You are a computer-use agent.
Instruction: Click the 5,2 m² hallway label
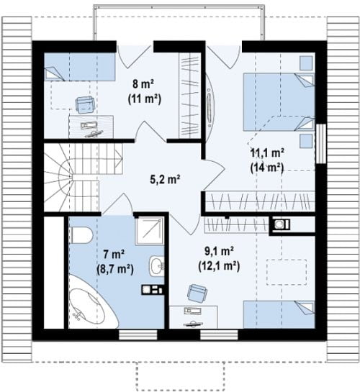pyautogui.click(x=165, y=180)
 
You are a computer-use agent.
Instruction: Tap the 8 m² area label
pyautogui.click(x=143, y=84)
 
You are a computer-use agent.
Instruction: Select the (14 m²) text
pyautogui.click(x=267, y=168)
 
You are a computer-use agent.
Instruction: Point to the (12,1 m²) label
pyautogui.click(x=219, y=266)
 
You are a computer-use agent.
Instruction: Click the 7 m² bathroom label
pyautogui.click(x=114, y=255)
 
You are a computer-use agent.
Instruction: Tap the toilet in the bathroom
pyautogui.click(x=81, y=235)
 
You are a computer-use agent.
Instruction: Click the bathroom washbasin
pyautogui.click(x=157, y=266)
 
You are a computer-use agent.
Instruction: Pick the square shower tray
pyautogui.click(x=150, y=231)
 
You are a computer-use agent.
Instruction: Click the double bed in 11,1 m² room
pyautogui.click(x=279, y=101)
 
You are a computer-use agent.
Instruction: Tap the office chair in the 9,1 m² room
pyautogui.click(x=197, y=293)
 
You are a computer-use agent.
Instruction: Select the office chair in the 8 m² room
pyautogui.click(x=85, y=104)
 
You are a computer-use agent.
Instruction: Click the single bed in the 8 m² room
pyautogui.click(x=80, y=66)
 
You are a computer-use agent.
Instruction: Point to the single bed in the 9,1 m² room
pyautogui.click(x=279, y=314)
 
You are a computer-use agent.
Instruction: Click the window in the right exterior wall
pyautogui.click(x=321, y=144)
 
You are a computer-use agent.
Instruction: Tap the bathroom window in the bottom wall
pyautogui.click(x=138, y=335)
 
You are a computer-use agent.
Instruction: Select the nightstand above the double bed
pyautogui.click(x=306, y=63)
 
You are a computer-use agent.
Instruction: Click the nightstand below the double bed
pyautogui.click(x=306, y=141)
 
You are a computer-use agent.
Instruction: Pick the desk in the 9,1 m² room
pyautogui.click(x=194, y=317)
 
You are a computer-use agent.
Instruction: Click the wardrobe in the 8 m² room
pyautogui.click(x=189, y=95)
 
